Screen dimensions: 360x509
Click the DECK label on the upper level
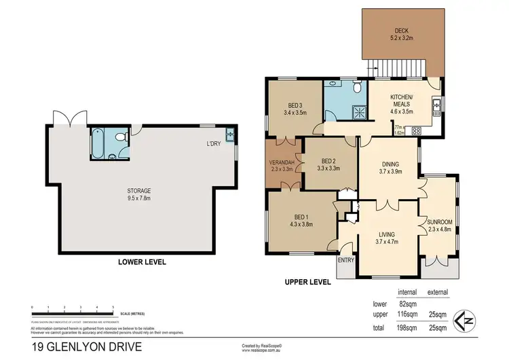[x=402, y=30]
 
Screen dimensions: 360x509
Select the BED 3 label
[x=294, y=105]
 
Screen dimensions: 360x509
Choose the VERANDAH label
[x=282, y=163]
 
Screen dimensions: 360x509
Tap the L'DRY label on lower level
[x=216, y=144]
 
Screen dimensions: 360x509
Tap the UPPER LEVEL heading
[x=309, y=281]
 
